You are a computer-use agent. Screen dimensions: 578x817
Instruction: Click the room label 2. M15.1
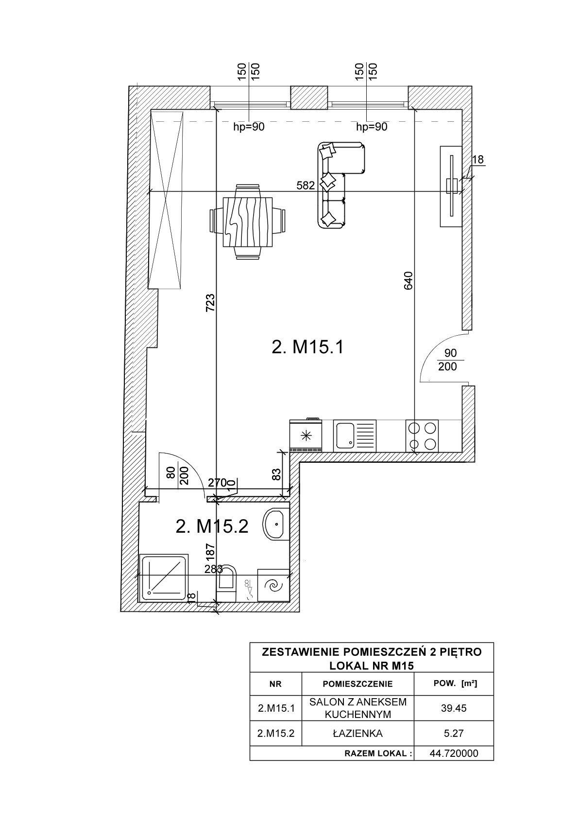307,347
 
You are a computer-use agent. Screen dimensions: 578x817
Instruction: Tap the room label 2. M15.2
212,526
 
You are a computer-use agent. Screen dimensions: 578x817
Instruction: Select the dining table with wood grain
248,222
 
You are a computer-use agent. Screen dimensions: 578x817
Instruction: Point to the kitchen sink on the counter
355,436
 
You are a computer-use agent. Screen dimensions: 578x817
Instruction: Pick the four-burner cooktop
422,436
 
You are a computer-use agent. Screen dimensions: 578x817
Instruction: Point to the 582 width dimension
305,186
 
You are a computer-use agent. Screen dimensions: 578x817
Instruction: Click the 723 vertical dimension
211,303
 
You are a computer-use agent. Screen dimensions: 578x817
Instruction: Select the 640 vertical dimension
408,280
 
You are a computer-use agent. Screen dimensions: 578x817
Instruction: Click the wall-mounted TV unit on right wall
451,186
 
